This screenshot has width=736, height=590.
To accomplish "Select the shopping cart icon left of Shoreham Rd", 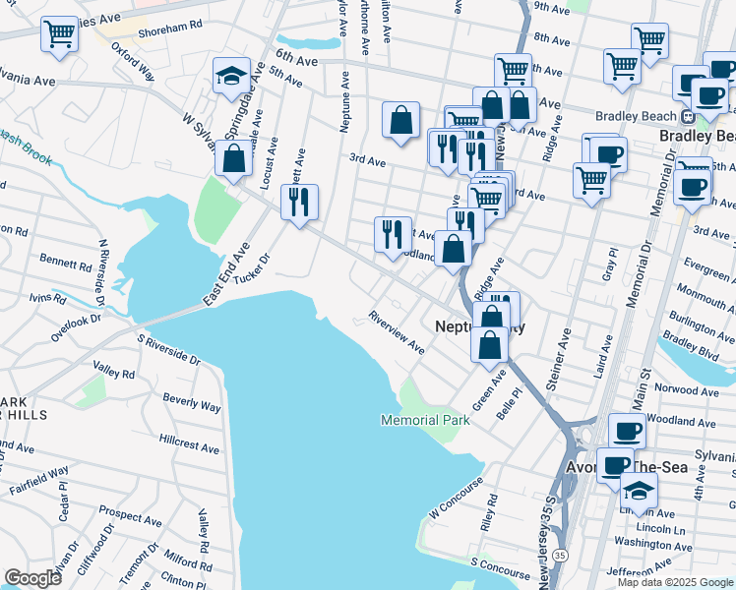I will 60,35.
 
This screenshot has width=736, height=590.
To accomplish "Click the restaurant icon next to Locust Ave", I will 300,202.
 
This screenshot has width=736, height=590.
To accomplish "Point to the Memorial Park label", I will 425,421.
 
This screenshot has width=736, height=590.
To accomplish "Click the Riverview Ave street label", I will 397,333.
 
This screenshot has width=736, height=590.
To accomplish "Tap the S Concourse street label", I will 500,564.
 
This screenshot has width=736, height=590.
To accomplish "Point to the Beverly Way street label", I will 192,401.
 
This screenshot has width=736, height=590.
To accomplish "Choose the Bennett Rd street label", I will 65,263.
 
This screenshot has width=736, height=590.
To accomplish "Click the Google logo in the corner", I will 32,577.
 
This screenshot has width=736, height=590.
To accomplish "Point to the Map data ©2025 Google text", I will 675,581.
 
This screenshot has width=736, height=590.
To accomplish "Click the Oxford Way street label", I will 132,60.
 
